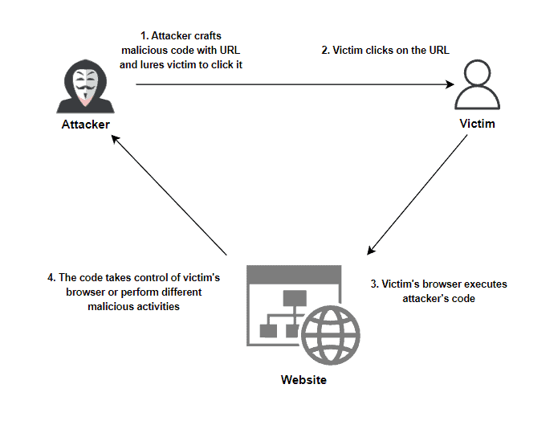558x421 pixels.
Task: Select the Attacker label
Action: tap(85, 125)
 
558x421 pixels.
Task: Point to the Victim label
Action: tap(477, 125)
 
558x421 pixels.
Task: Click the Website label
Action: tap(303, 380)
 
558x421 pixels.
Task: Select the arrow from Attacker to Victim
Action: tap(289, 83)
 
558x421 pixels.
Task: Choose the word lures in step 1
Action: tap(157, 64)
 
